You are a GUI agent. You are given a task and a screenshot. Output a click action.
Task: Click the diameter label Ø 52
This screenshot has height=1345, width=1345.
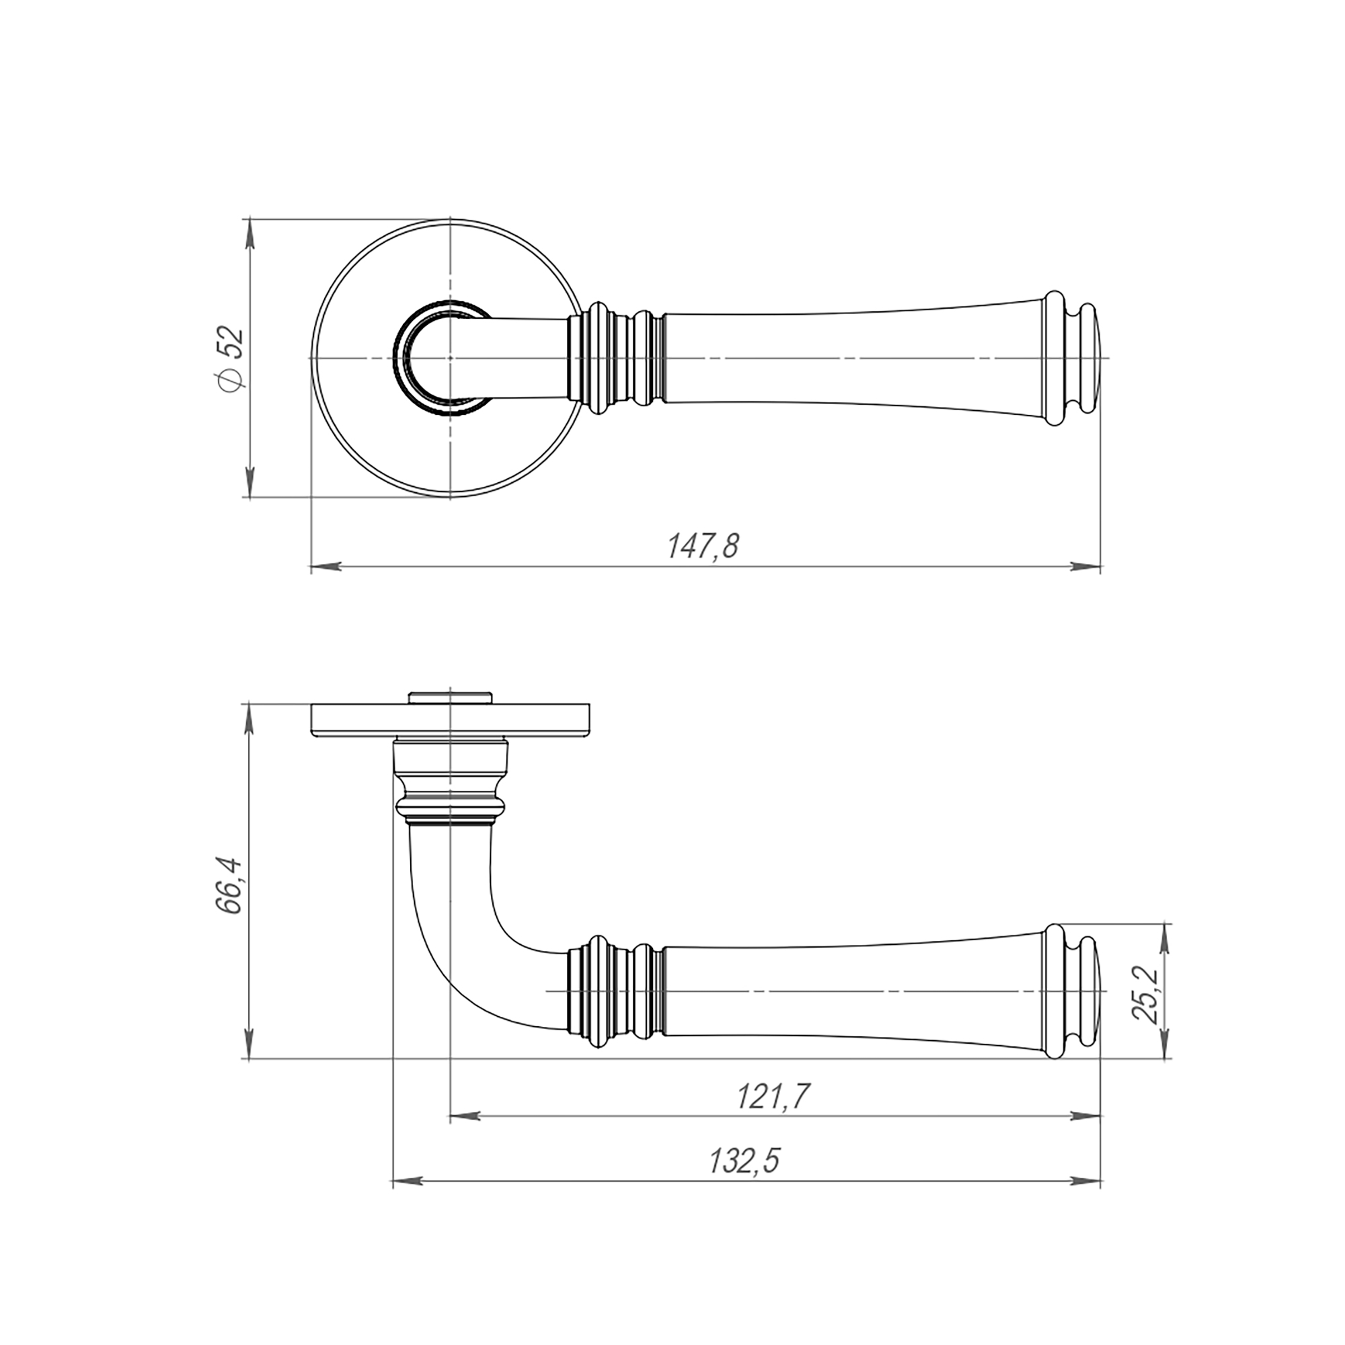pos(232,359)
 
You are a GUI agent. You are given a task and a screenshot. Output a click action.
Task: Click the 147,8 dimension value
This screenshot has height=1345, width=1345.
pos(703,547)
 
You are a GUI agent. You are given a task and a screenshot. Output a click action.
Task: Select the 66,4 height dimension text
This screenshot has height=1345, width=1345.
pos(230,886)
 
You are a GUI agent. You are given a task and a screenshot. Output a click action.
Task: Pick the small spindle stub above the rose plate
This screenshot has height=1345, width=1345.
pos(451,698)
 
